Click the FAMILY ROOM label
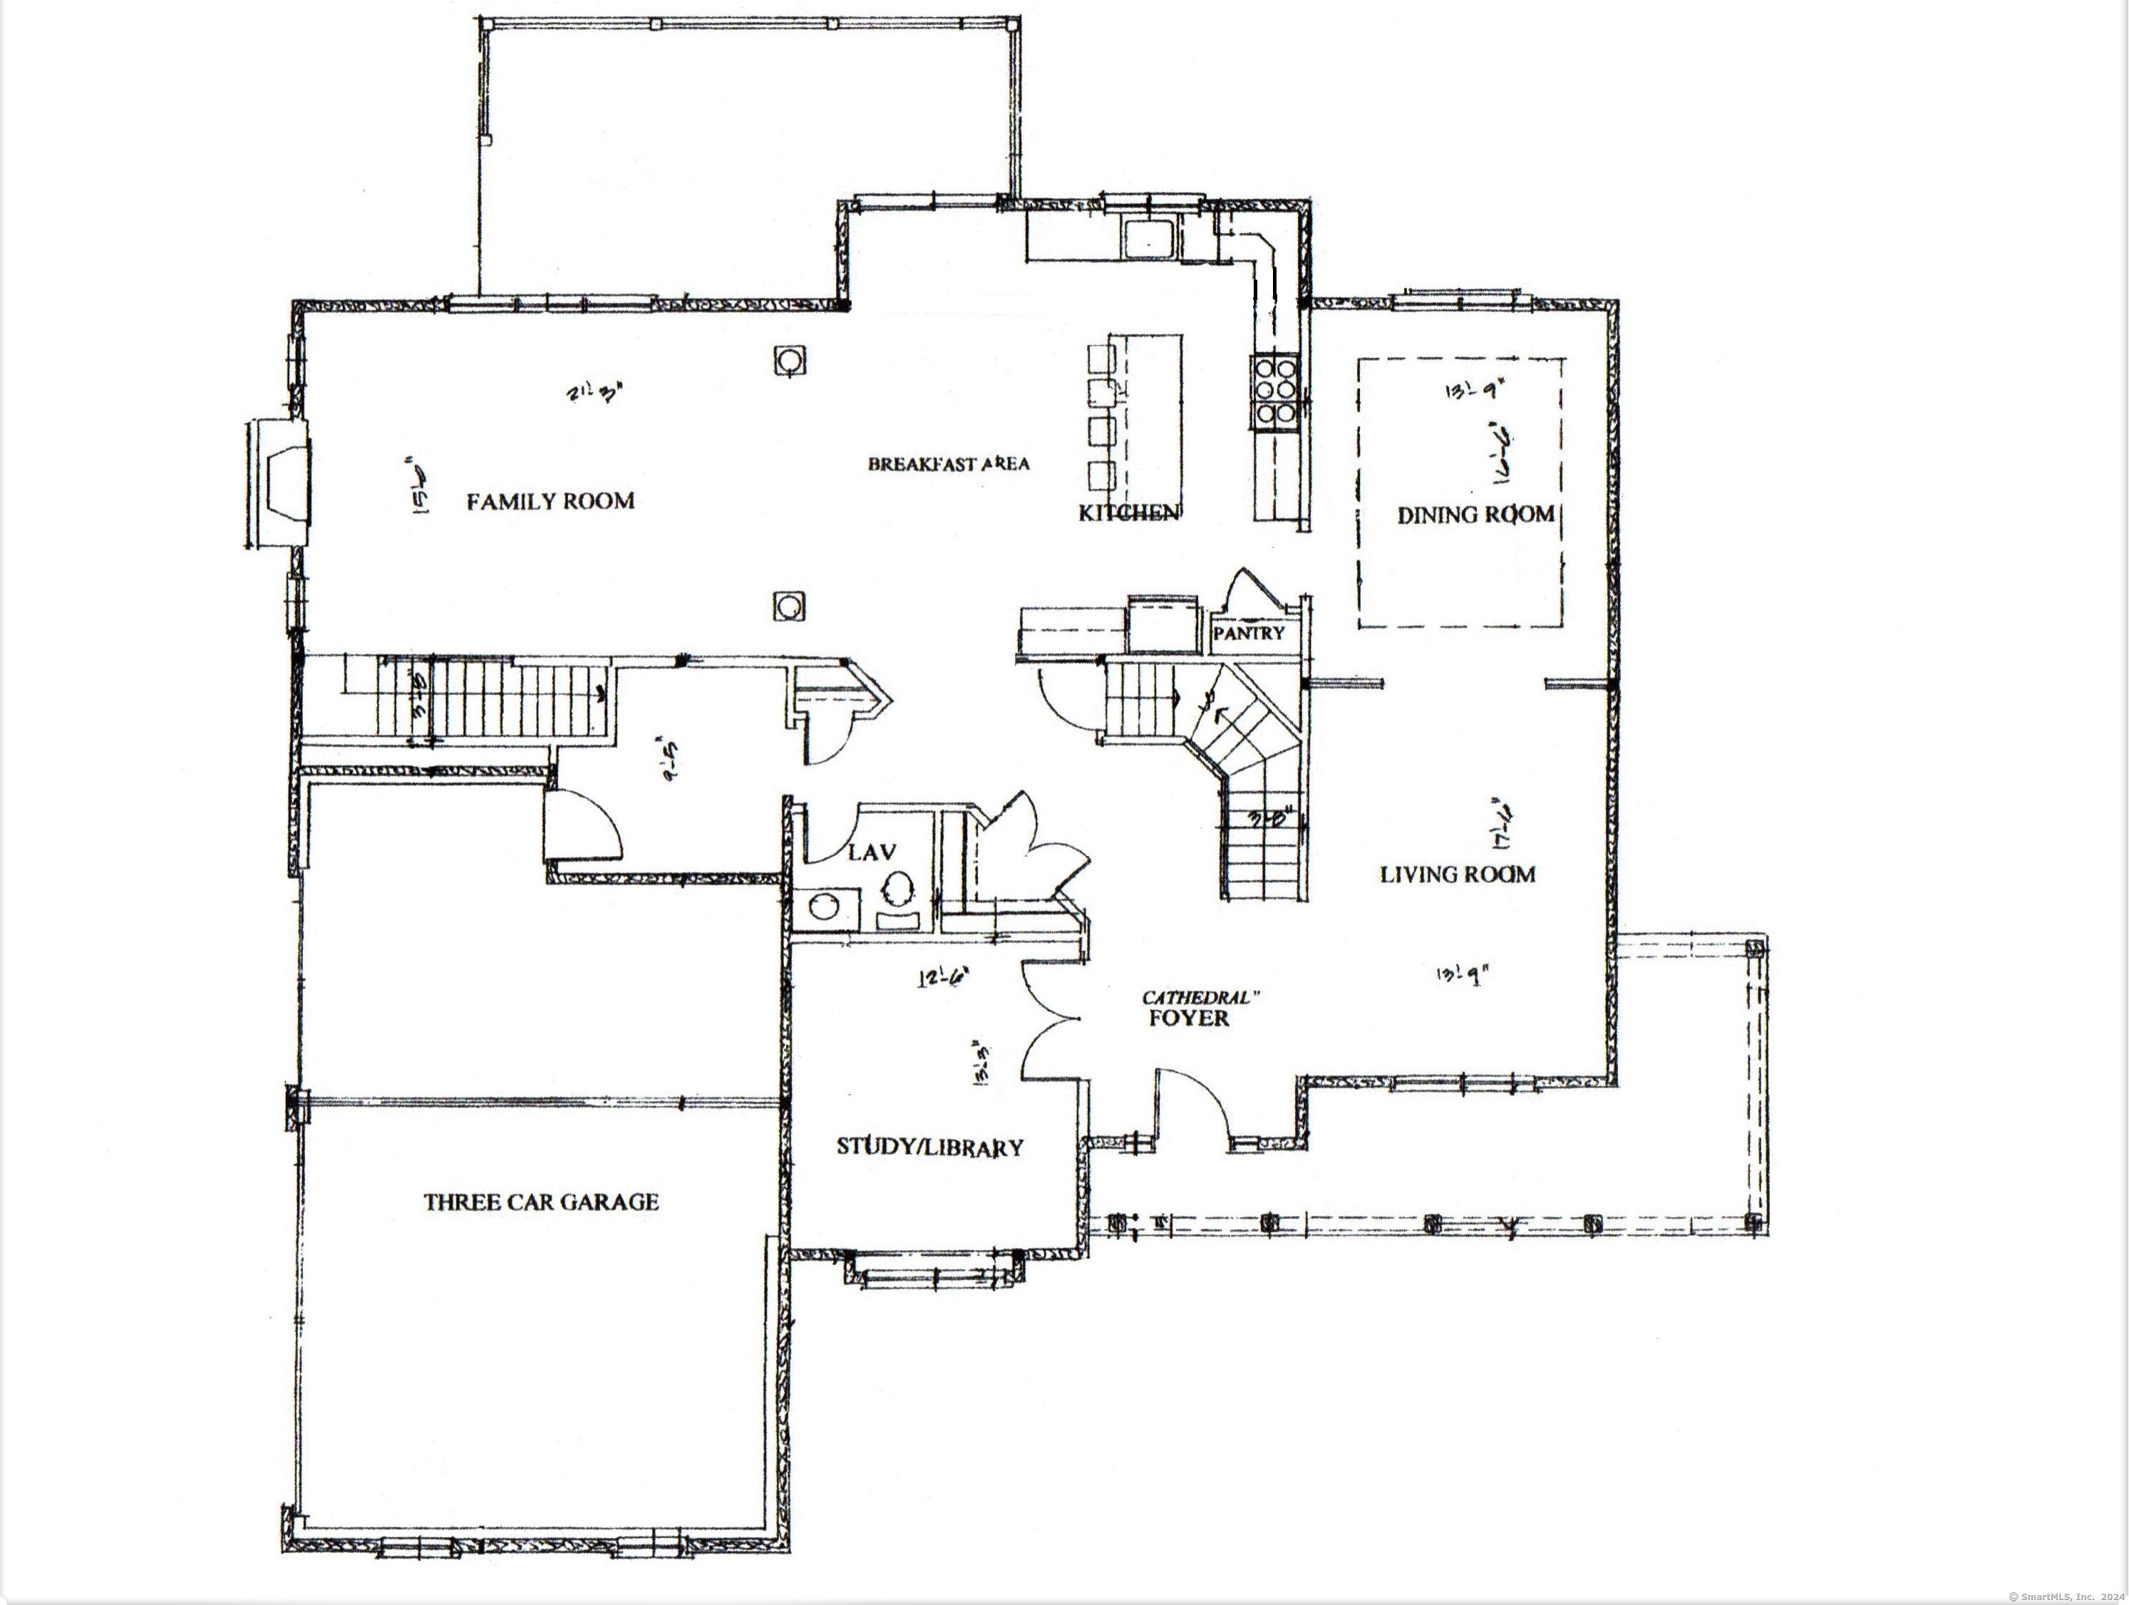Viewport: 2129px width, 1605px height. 550,501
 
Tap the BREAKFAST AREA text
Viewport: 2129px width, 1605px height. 948,464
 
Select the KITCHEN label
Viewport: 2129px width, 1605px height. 1128,513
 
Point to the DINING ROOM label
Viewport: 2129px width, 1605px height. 1475,515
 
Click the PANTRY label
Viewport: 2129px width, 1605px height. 1248,633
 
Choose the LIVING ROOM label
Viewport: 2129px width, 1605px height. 1457,874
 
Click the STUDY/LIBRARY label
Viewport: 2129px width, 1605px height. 929,1147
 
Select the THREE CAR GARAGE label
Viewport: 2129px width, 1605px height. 541,1202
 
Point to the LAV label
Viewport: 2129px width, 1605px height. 872,852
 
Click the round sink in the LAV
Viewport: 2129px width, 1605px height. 824,907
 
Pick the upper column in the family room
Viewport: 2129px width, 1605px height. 788,361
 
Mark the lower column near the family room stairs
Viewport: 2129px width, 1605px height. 788,607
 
